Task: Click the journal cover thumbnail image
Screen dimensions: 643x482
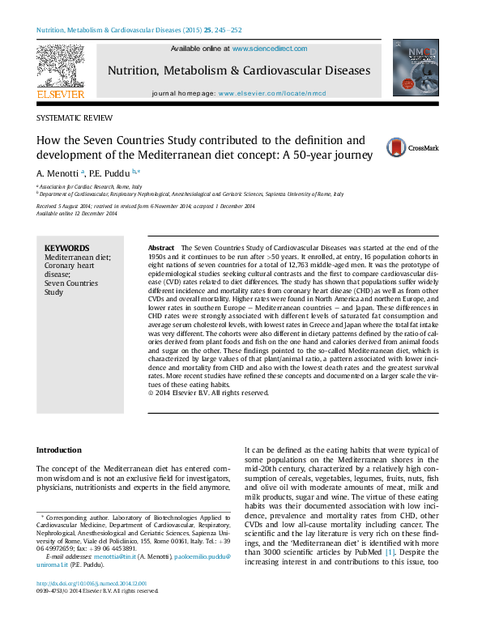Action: click(416, 68)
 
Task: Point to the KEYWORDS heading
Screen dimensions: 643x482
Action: click(67, 248)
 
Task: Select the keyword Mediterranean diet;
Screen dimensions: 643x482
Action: click(78, 257)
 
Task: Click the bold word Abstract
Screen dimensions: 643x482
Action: click(161, 247)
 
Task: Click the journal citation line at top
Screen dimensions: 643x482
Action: click(139, 31)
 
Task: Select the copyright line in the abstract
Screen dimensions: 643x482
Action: click(208, 393)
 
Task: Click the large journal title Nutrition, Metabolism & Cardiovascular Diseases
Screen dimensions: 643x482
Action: click(240, 70)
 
